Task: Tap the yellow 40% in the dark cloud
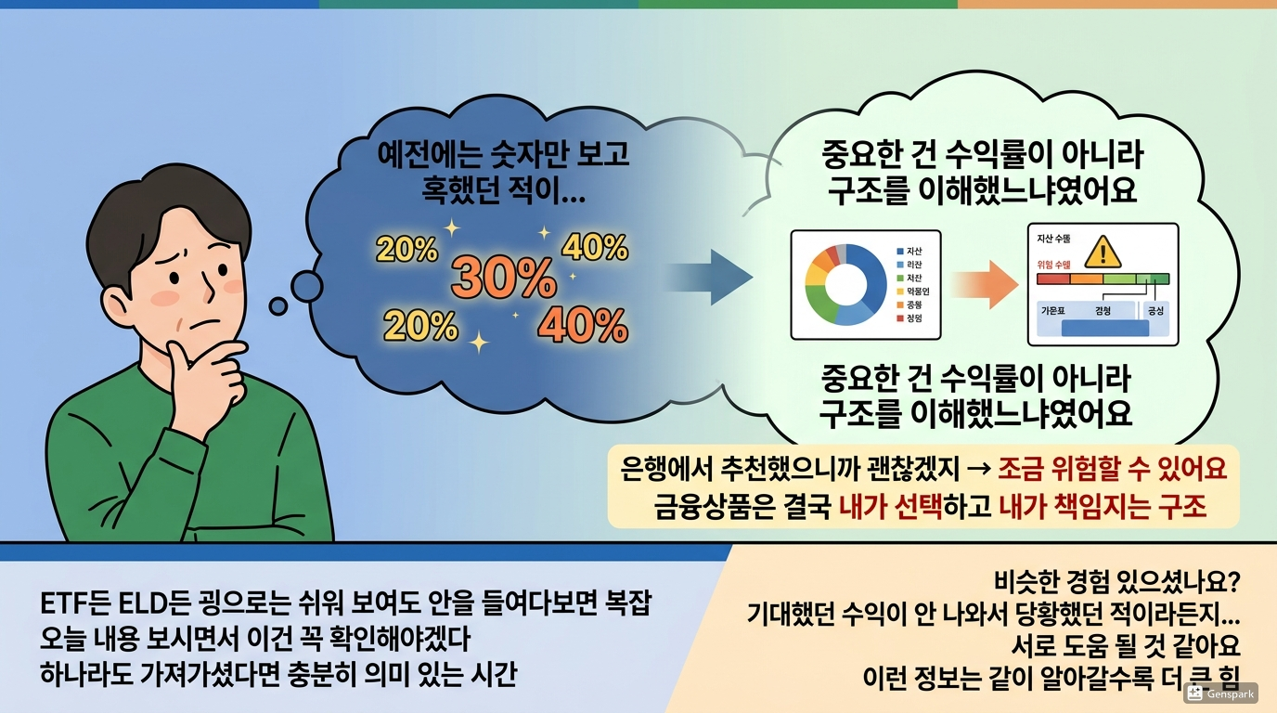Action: click(x=595, y=248)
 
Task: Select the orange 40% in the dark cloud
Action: click(x=583, y=324)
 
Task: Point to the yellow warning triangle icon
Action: click(x=1103, y=250)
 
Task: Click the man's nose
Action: click(x=206, y=284)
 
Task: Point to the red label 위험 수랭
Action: click(x=1055, y=264)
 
